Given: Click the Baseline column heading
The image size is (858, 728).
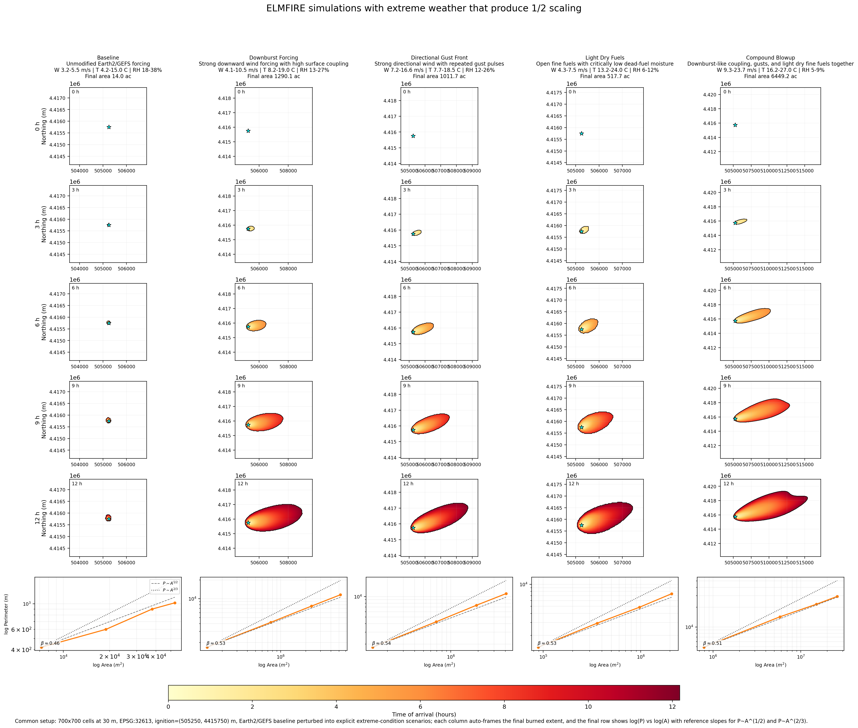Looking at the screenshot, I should tap(108, 58).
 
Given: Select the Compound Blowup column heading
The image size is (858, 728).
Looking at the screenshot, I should tap(770, 58).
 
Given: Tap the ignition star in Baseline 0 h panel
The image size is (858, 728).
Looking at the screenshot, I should tap(109, 127).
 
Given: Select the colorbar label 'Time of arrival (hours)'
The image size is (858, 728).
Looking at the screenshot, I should tap(424, 714).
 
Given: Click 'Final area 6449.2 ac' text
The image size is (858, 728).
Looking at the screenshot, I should tap(770, 76).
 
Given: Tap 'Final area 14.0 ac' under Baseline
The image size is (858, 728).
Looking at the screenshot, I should tap(108, 76).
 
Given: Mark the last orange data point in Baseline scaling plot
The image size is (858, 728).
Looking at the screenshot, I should tap(175, 603).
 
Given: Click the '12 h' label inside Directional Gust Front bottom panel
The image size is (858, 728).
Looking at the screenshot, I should tap(408, 484).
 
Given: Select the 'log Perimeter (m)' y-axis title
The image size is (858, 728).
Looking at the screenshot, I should tap(6, 614).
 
